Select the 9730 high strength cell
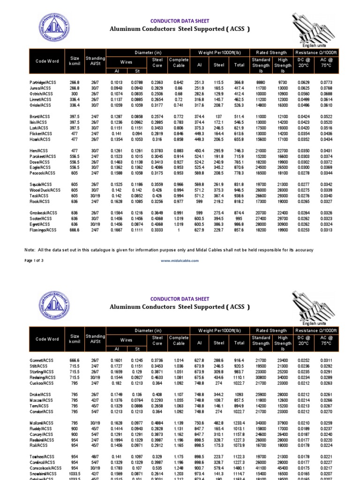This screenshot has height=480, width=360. point(283,82)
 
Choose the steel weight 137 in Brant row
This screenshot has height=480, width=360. point(219,116)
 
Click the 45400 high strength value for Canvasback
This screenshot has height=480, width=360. point(283,468)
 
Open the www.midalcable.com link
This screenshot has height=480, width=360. point(180,260)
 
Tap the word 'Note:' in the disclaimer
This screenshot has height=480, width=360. point(30,250)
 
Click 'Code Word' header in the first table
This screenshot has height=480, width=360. point(47,62)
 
